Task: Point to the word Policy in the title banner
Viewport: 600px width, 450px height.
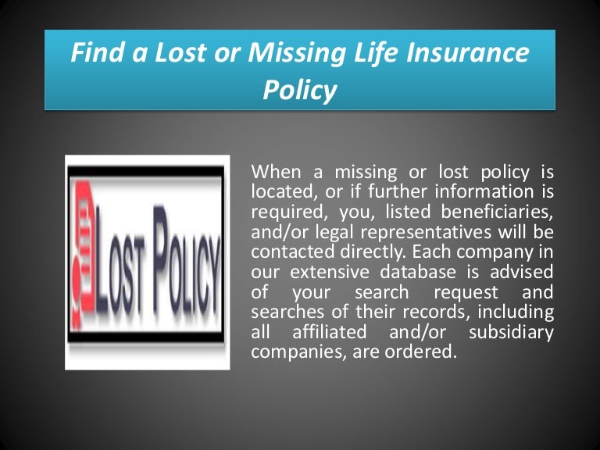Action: point(300,91)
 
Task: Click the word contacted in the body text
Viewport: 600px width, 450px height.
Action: point(284,252)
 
